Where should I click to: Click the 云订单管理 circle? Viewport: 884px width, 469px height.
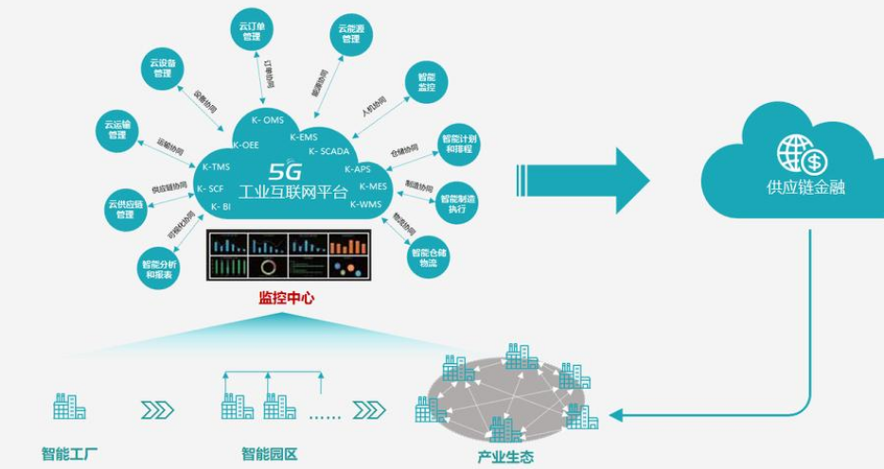pyautogui.click(x=251, y=31)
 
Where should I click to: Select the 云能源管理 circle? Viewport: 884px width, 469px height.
pyautogui.click(x=350, y=34)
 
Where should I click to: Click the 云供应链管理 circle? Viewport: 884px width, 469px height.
pyautogui.click(x=125, y=209)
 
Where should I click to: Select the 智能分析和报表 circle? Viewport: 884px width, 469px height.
pyautogui.click(x=157, y=269)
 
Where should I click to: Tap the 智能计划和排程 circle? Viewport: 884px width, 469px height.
pyautogui.click(x=458, y=144)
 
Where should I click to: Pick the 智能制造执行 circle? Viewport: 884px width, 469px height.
pyautogui.click(x=458, y=201)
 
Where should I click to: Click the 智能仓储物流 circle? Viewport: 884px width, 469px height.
pyautogui.click(x=429, y=256)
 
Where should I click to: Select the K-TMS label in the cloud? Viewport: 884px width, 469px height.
pyautogui.click(x=216, y=167)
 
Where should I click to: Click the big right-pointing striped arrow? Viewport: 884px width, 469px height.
pyautogui.click(x=581, y=179)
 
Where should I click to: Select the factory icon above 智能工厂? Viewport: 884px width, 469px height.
pyautogui.click(x=69, y=407)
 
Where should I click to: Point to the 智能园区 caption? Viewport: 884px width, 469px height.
pyautogui.click(x=270, y=455)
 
